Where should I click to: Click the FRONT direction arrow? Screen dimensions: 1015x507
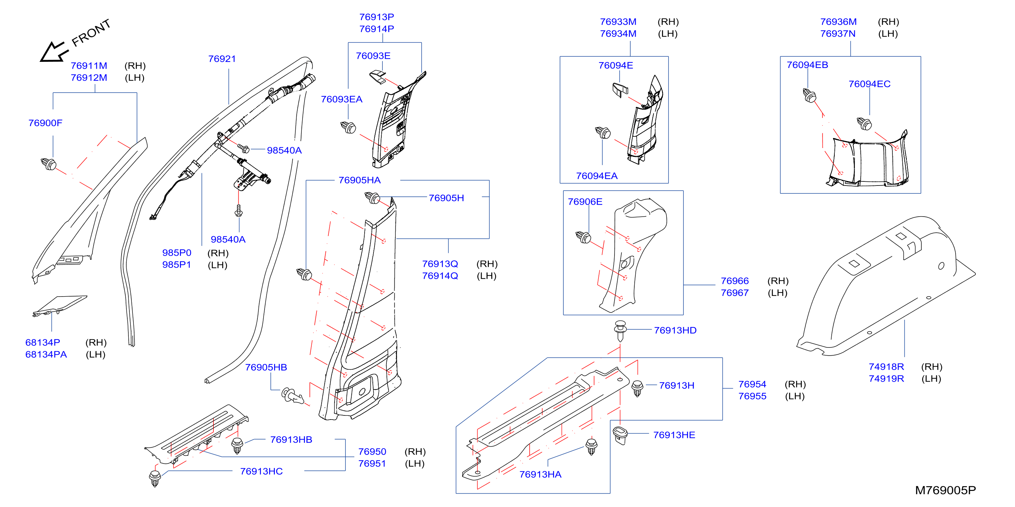click(54, 52)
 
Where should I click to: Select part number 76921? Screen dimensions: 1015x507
click(222, 59)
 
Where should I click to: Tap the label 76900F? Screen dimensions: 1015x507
click(45, 123)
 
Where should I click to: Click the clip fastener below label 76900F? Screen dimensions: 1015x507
click(49, 164)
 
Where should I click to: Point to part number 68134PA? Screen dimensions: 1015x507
click(46, 354)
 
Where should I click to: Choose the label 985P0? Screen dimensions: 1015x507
click(177, 253)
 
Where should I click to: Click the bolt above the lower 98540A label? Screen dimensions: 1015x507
click(238, 210)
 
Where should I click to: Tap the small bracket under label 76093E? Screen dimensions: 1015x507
click(378, 77)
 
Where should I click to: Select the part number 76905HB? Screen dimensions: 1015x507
click(266, 367)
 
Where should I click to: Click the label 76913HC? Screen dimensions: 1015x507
click(261, 471)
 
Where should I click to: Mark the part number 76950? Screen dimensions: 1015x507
click(372, 452)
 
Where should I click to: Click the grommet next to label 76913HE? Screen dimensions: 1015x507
click(620, 435)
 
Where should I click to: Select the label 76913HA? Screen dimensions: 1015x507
click(540, 475)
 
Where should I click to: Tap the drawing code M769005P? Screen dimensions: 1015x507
click(945, 491)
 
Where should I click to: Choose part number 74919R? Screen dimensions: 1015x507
click(886, 379)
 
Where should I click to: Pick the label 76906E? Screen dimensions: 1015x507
click(585, 202)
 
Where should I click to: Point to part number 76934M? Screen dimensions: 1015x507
click(618, 34)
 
